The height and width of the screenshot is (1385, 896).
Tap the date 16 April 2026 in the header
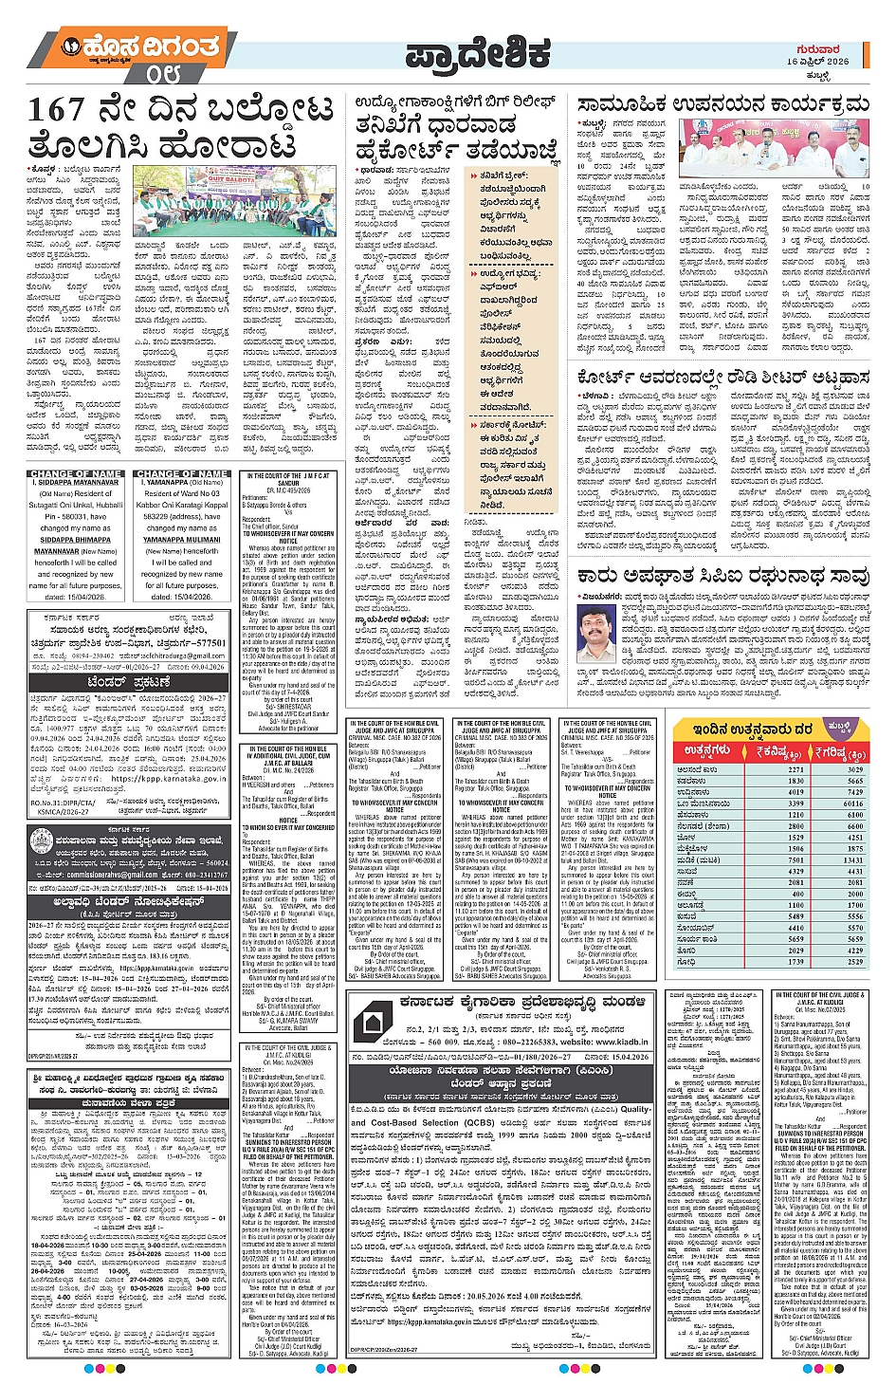tap(817, 61)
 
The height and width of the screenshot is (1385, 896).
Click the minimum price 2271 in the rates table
tap(795, 769)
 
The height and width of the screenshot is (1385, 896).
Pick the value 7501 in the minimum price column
tap(795, 860)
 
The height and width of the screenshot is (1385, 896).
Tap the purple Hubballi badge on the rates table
tap(839, 727)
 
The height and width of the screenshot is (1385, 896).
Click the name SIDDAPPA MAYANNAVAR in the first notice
tap(79, 483)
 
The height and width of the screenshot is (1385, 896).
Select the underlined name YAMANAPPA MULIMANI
tap(181, 540)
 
